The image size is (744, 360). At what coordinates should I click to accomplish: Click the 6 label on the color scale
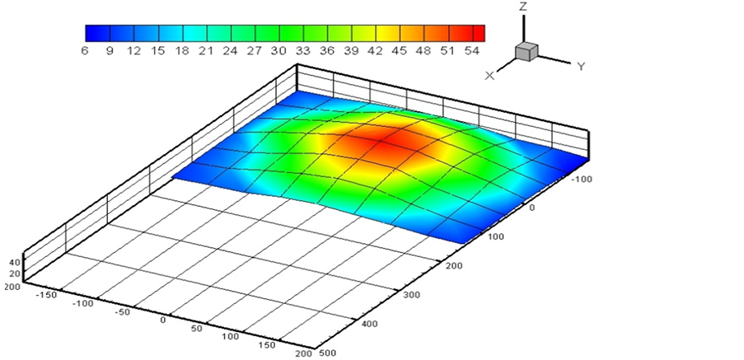click(85, 51)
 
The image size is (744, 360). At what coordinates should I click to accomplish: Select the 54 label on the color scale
click(471, 51)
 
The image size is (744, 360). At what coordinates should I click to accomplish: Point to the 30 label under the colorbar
click(278, 51)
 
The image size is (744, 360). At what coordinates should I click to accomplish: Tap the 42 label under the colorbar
click(375, 51)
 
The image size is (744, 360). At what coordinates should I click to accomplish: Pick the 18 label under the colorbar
click(182, 51)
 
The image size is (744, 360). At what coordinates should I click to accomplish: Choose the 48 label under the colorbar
click(423, 51)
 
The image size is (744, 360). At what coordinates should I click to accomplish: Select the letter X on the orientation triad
click(489, 76)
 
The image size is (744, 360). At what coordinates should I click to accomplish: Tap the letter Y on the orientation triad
click(581, 67)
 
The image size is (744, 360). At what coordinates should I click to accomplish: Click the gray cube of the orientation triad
click(526, 51)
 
